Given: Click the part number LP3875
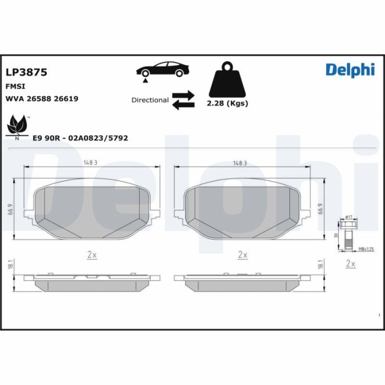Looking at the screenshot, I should [26, 72].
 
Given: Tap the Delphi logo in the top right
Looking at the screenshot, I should [349, 69].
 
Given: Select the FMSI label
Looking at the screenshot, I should [15, 86].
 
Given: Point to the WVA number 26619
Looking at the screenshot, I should [66, 98].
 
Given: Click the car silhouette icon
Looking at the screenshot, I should [163, 71].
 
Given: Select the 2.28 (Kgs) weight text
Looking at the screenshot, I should [227, 103].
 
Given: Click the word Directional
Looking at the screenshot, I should [150, 100].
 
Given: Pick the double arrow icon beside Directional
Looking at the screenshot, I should [183, 100].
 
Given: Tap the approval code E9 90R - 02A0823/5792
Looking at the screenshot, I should [80, 138].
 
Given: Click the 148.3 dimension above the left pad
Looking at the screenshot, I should [91, 163].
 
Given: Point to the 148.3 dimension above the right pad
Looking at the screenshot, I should [240, 163].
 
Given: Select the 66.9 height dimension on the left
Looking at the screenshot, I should [11, 209].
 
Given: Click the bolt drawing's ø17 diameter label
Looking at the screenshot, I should [349, 218].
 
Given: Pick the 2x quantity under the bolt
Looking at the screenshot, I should [350, 265].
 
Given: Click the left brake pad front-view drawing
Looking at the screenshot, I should [92, 211].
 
